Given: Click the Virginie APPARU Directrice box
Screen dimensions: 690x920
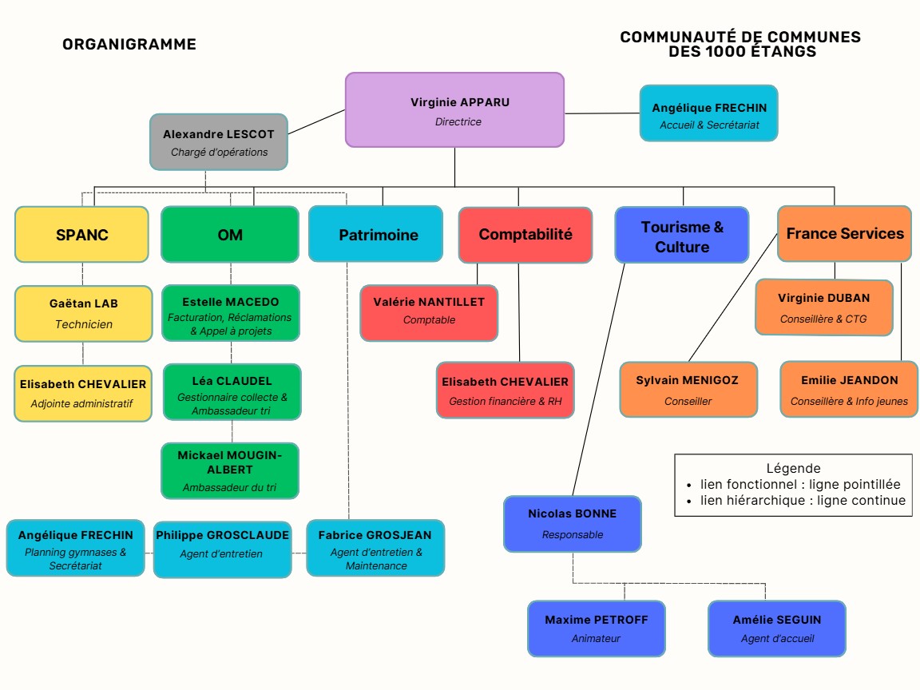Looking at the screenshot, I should pos(454,109).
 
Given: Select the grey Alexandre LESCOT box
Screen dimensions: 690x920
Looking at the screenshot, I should pos(219,142).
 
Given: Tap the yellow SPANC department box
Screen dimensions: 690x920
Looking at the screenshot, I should pos(81,235).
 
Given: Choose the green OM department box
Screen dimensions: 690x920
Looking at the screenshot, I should pos(230,235).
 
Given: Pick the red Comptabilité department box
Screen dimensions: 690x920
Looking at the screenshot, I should pos(525,235).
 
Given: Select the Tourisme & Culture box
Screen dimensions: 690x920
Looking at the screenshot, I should pos(682,236).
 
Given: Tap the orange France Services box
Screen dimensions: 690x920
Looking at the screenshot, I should pos(844,234).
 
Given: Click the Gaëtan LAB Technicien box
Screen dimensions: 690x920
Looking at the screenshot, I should pos(83,313).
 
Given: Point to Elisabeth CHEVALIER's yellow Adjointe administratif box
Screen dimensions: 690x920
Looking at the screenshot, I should pos(83,393).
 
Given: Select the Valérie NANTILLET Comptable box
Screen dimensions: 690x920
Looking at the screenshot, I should pos(429,311).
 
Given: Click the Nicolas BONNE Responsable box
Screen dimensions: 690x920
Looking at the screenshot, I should pos(572,523).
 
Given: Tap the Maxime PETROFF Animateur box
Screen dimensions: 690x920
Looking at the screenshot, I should pos(596,628).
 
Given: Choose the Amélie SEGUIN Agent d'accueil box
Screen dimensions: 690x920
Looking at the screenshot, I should pos(776,628).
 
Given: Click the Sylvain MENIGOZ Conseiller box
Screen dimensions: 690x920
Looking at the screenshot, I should pos(688,390).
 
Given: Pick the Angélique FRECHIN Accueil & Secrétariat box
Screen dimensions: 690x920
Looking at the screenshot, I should pos(708,114).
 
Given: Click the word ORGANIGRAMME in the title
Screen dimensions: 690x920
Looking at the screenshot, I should pos(129,45).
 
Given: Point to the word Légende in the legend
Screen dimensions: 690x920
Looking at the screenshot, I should pos(793,469).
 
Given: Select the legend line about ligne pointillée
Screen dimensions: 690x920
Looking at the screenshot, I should pos(799,484).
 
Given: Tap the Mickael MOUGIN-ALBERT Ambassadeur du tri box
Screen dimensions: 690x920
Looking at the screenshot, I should pos(230,470).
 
